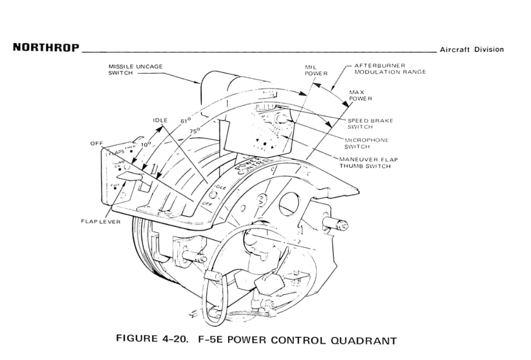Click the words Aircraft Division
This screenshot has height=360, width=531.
[x=471, y=49]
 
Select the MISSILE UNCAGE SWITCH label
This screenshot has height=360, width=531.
[x=135, y=70]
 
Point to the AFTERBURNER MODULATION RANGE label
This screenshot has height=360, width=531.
[x=390, y=68]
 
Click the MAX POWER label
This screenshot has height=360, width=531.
[x=360, y=96]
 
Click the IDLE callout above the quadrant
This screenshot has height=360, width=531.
[x=160, y=121]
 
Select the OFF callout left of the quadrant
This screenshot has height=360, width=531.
[x=96, y=143]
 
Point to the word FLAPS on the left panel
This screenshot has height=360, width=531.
[x=116, y=153]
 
